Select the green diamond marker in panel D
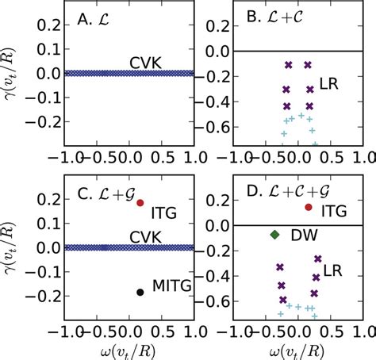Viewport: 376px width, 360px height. pyautogui.click(x=274, y=235)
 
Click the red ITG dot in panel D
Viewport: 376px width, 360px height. pyautogui.click(x=309, y=207)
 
